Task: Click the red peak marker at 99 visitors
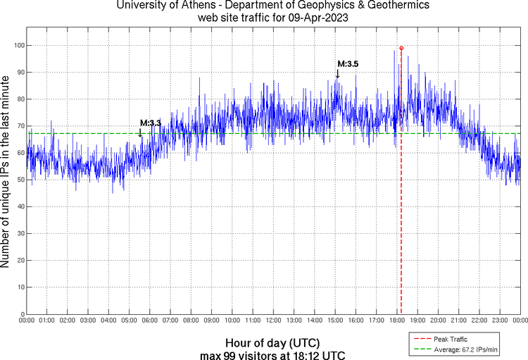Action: (401, 48)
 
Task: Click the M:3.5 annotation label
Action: (348, 64)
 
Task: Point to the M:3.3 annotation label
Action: (151, 123)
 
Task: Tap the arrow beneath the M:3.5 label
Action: (338, 74)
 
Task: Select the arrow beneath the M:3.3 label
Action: (140, 132)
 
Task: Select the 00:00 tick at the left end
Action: (26, 321)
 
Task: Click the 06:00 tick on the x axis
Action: (149, 321)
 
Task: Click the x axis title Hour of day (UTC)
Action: (273, 342)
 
